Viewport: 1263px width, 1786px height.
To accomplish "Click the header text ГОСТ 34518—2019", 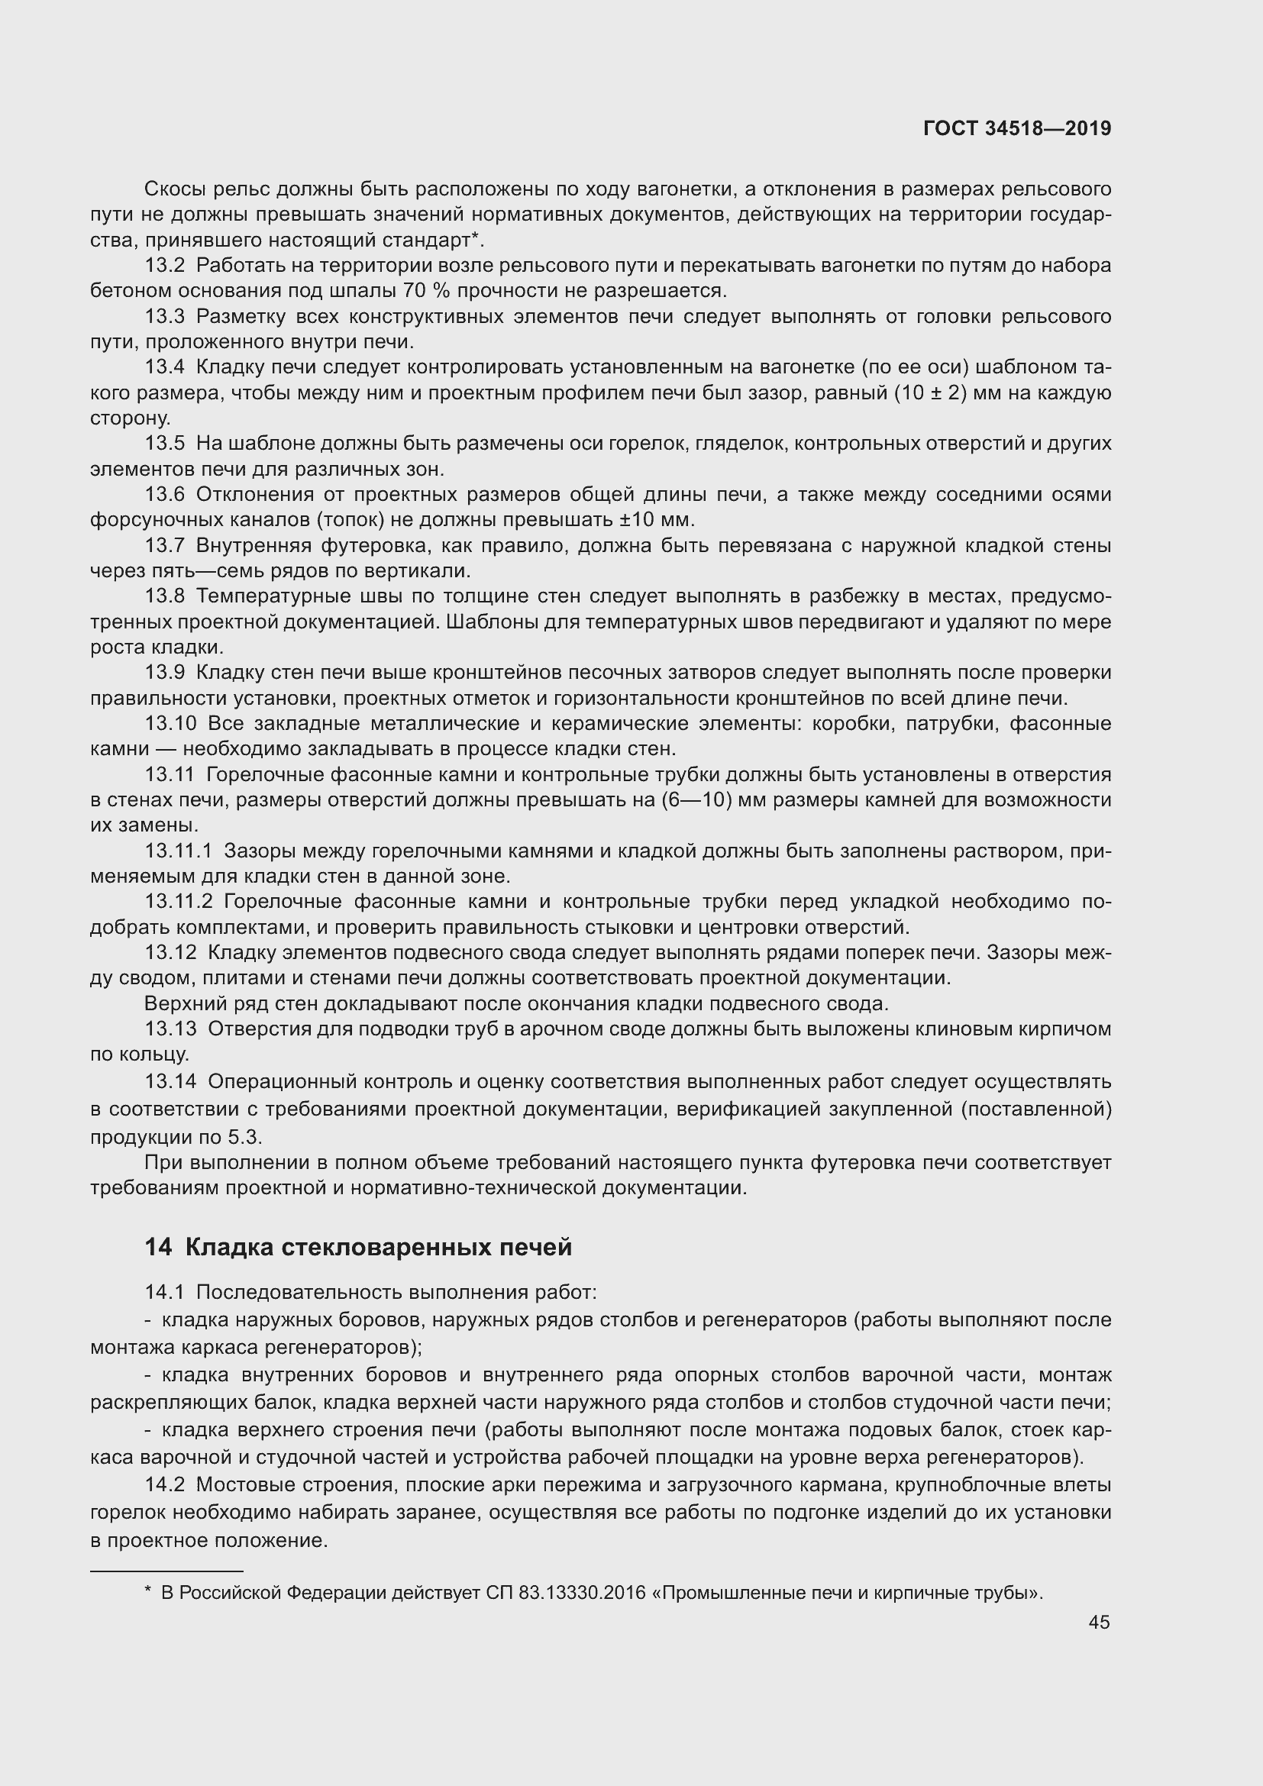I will pyautogui.click(x=1016, y=129).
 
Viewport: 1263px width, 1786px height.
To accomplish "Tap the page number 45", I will pyautogui.click(x=1099, y=1622).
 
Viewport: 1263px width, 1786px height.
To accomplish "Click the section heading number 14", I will pyautogui.click(x=158, y=1247).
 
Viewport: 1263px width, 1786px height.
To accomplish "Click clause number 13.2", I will pyautogui.click(x=165, y=266).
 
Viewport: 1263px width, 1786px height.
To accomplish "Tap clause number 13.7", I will pyautogui.click(x=165, y=546).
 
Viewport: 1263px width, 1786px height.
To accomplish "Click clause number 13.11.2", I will pyautogui.click(x=178, y=903).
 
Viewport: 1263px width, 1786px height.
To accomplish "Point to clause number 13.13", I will pyautogui.click(x=171, y=1030).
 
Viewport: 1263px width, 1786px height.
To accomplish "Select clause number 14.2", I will pyautogui.click(x=165, y=1485).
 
